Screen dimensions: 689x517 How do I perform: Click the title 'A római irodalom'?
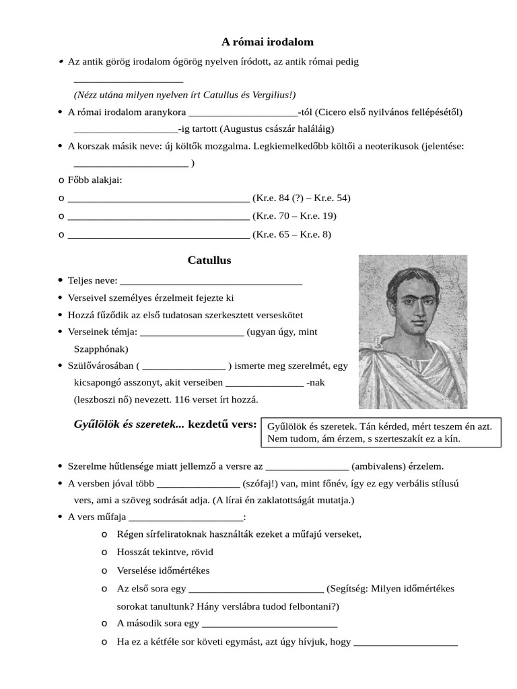tap(258, 42)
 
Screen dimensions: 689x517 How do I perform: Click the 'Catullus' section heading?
tap(209, 260)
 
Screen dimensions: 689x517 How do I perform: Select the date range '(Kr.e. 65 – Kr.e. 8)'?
tap(291, 234)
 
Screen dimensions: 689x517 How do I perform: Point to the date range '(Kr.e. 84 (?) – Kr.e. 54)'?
tap(301, 198)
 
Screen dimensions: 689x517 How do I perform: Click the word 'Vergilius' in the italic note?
tap(255, 95)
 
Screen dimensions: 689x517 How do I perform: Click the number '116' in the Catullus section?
tap(182, 399)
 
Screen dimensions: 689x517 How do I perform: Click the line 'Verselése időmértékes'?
tap(164, 571)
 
